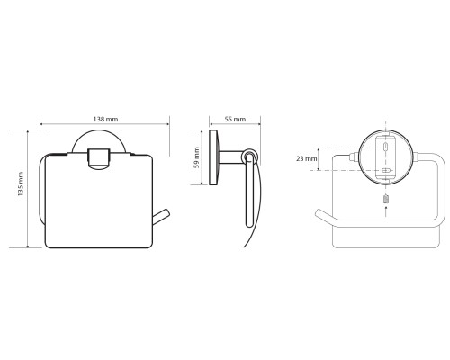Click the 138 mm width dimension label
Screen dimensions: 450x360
pos(105,119)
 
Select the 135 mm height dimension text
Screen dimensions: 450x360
pos(21,184)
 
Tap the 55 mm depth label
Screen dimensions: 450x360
pos(235,119)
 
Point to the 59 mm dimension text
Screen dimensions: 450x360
pos(197,157)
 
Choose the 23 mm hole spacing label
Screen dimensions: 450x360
pos(307,158)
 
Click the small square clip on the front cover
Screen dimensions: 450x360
pos(99,158)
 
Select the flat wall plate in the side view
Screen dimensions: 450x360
pos(213,157)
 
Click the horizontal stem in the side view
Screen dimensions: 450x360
pos(230,157)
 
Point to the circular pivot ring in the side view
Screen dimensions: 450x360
pos(249,156)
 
